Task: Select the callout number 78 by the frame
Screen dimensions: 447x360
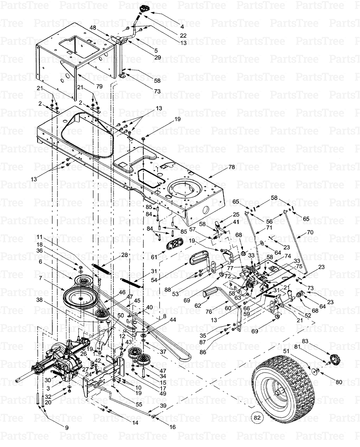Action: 231,167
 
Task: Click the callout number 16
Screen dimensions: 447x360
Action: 172,427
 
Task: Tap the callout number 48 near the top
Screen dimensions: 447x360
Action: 93,28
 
